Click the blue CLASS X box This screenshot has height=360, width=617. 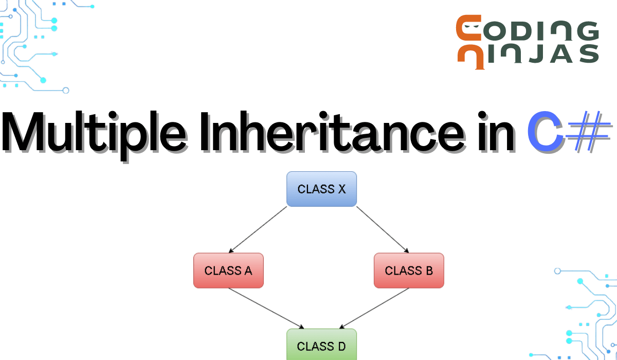[321, 189]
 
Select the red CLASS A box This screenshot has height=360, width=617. [228, 271]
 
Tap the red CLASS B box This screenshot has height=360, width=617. [409, 271]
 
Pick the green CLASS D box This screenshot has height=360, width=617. [321, 346]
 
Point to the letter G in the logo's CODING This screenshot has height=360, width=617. [586, 31]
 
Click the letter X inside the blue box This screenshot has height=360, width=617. [341, 189]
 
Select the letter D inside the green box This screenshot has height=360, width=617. [341, 346]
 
